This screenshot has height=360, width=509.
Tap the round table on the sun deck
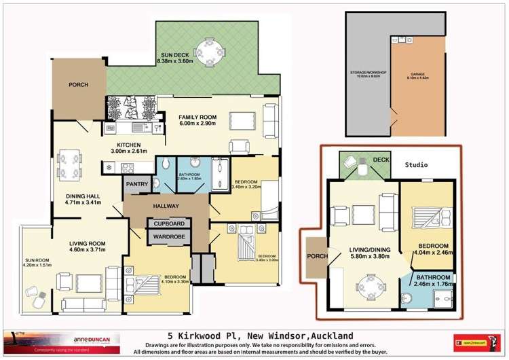[x=204, y=50]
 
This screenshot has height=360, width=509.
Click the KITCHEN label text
[x=128, y=145]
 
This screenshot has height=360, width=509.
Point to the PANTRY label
[x=135, y=183]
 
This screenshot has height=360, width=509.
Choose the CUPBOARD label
[x=169, y=223]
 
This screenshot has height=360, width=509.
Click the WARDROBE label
[x=169, y=238]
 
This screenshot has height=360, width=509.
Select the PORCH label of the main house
[x=77, y=86]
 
